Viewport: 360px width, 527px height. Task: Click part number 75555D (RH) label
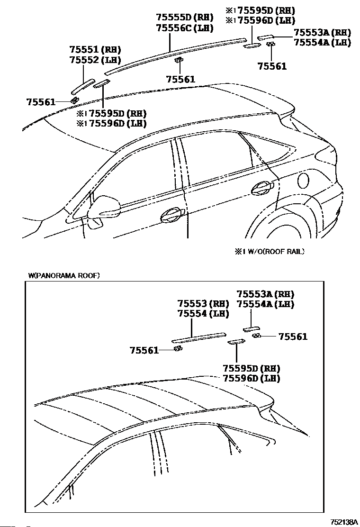[185, 18]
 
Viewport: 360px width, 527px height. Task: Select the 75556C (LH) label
[185, 28]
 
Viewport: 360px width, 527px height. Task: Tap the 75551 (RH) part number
[95, 50]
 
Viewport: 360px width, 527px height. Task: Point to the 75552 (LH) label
[95, 60]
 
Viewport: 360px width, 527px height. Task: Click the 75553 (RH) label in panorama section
[203, 304]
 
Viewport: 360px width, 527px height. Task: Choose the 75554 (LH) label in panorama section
[203, 314]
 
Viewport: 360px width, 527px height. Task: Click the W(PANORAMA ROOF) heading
[64, 276]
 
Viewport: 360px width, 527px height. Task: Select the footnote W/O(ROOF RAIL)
[270, 251]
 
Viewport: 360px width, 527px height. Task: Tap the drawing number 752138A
[344, 522]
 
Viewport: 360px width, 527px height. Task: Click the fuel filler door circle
[304, 181]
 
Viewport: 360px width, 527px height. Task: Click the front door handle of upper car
[172, 216]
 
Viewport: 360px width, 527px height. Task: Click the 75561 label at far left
[41, 102]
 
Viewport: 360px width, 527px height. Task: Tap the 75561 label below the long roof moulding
[180, 79]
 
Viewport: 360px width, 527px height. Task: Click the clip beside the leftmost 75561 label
[74, 100]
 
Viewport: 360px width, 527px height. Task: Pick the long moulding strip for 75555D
[175, 56]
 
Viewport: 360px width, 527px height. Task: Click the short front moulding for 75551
[83, 86]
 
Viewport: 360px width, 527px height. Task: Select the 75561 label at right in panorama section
[293, 336]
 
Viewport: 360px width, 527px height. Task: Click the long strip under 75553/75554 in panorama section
[198, 338]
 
